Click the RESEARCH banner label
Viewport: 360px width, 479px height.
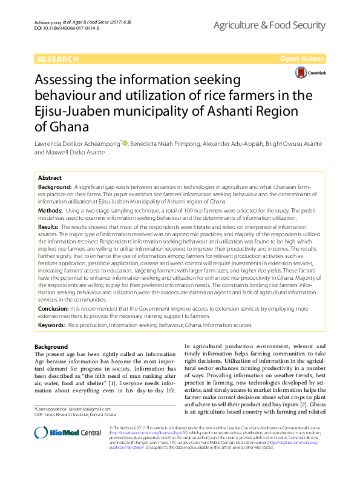57,59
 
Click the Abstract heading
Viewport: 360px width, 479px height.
50,178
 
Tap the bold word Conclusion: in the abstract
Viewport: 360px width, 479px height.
54,308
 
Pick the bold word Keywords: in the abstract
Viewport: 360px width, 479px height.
52,325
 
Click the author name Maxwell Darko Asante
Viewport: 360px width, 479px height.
76,153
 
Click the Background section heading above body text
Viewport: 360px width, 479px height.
51,346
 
